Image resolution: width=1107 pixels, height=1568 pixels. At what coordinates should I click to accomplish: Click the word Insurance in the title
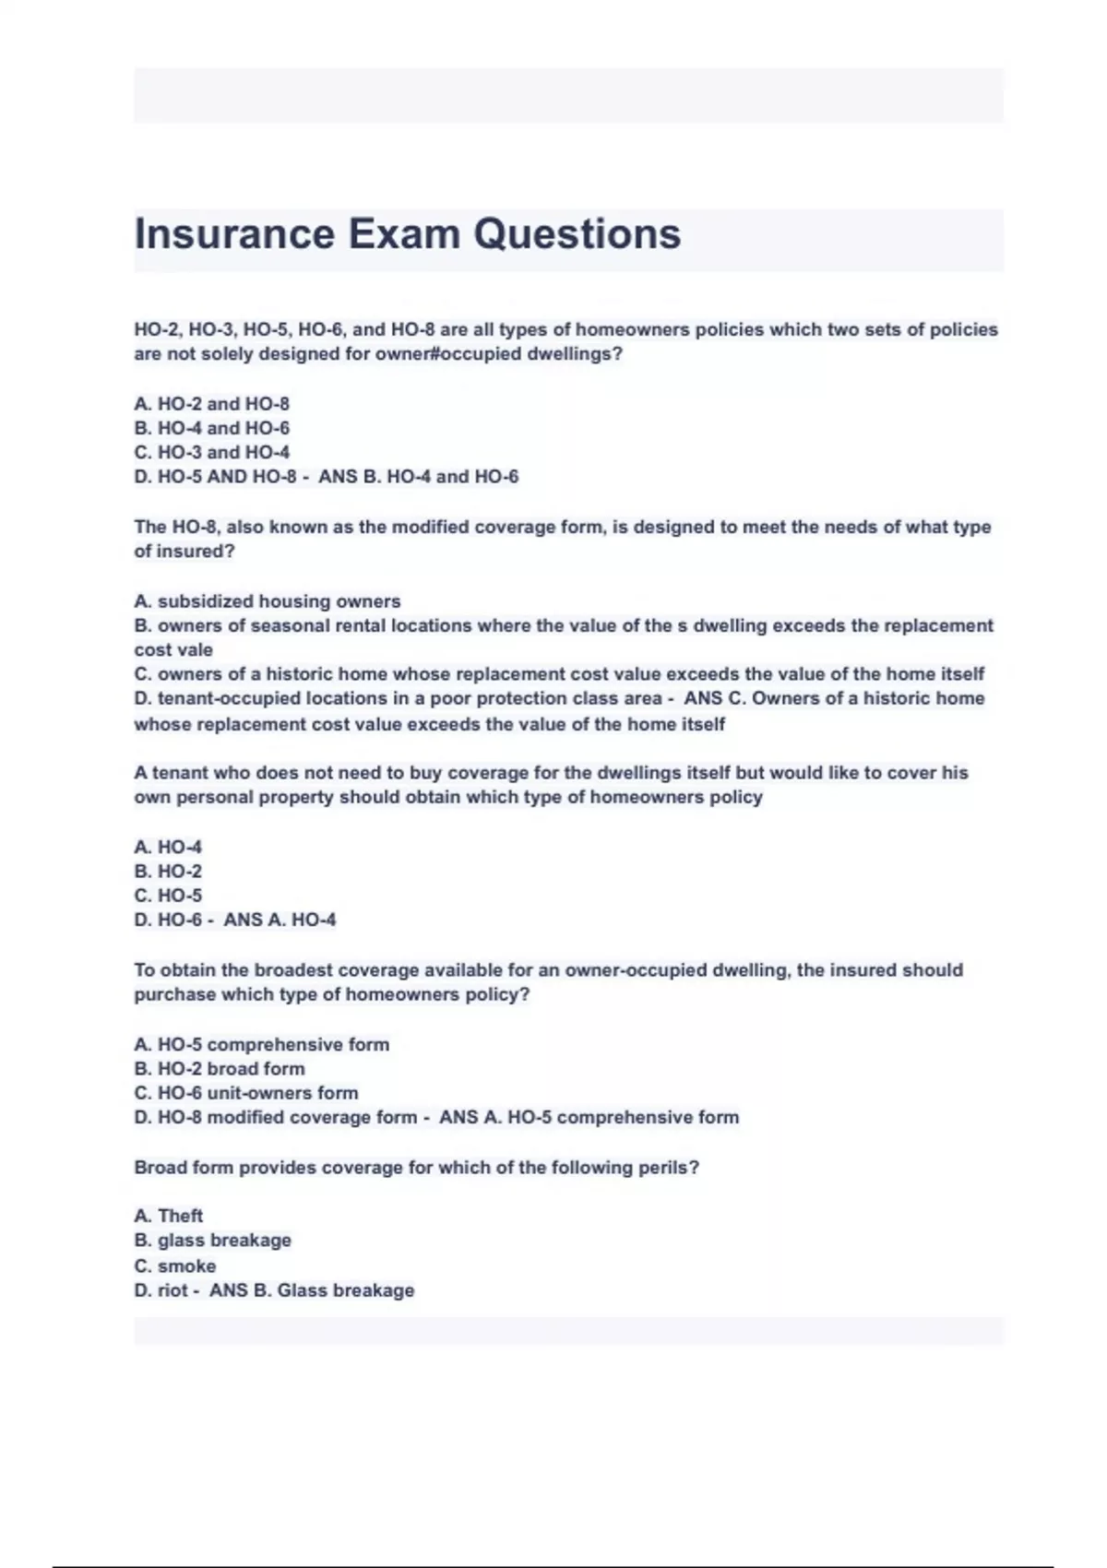click(234, 234)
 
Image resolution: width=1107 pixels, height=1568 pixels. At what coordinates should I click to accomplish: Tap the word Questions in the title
click(577, 234)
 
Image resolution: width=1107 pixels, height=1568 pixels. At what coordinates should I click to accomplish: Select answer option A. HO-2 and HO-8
click(211, 404)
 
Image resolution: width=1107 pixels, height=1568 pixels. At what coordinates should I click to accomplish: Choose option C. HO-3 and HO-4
click(211, 452)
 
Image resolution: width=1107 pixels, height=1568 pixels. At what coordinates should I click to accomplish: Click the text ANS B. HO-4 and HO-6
click(418, 477)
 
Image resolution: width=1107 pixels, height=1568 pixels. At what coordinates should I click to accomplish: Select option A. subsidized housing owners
click(267, 601)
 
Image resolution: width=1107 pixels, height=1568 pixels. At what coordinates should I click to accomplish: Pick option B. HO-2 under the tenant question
click(168, 871)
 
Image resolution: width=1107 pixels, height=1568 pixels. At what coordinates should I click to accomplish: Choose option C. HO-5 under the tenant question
click(168, 895)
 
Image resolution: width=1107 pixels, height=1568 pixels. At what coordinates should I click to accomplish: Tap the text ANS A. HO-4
click(280, 920)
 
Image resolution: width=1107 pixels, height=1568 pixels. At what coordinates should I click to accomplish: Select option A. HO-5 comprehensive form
click(261, 1044)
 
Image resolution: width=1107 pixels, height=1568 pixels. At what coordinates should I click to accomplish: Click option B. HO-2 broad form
click(219, 1068)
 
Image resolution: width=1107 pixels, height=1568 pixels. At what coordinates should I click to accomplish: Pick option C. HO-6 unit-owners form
click(245, 1093)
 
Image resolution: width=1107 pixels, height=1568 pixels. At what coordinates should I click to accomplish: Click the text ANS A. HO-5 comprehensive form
click(589, 1117)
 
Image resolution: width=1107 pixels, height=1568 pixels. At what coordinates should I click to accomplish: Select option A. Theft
click(168, 1216)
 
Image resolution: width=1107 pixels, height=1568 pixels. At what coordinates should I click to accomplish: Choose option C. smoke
click(174, 1266)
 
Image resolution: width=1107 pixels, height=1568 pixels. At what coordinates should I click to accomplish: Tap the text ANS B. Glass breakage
click(311, 1290)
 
